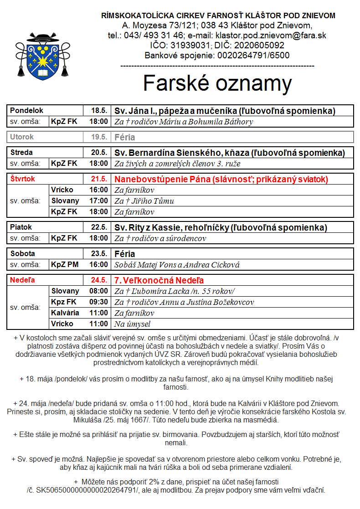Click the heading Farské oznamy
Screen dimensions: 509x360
217,83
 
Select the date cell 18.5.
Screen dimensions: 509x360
99,111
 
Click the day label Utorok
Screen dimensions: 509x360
22,137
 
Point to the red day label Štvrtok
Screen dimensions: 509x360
23,179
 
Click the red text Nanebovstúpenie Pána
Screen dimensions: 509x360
162,179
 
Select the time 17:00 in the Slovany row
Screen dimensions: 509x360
99,201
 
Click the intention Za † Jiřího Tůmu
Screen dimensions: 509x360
144,201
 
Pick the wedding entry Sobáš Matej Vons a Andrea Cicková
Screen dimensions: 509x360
177,265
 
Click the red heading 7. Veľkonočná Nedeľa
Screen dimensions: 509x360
159,280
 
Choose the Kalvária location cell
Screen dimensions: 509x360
65,313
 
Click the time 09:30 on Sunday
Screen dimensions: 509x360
99,302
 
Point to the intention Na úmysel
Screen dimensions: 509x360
132,324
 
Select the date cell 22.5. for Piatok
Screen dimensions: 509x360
99,227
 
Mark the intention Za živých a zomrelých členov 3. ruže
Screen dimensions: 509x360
177,164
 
